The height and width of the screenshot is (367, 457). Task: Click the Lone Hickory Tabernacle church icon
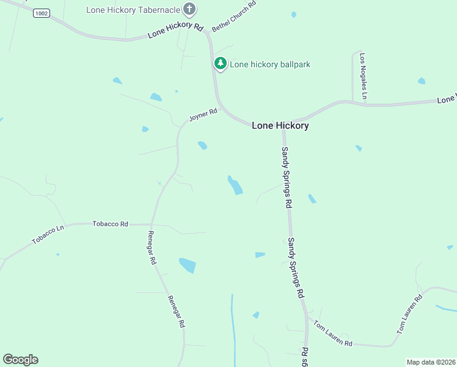coord(189,9)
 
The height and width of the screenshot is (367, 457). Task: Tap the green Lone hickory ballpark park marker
coord(220,64)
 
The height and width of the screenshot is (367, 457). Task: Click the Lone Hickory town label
coord(280,125)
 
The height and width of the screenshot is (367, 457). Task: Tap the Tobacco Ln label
coord(48,234)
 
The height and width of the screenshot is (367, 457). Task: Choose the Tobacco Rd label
coord(110,224)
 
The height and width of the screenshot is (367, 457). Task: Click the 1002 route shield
coord(41,13)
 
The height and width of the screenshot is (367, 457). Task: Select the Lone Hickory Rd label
coord(175,31)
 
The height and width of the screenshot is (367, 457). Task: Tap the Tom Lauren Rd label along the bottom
coord(333,333)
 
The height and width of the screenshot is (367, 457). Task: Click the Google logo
coord(20,360)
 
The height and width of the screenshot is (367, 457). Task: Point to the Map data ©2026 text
coord(431,362)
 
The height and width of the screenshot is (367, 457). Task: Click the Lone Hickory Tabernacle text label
coord(133,10)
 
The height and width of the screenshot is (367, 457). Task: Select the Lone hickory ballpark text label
coord(269,64)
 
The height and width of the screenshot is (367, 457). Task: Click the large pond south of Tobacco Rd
coord(188,265)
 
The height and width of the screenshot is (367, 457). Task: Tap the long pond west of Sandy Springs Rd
coord(235,185)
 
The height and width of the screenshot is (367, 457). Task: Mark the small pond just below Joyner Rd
coord(202,146)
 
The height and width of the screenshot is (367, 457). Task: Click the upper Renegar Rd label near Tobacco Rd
coord(152,248)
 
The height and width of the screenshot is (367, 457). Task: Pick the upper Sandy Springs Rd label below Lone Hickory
coord(285,177)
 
